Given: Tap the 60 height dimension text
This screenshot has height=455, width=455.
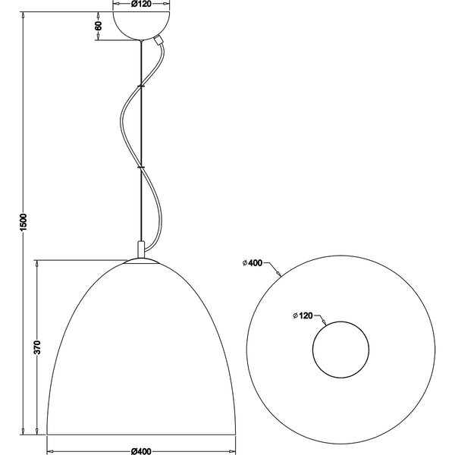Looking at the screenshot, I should [99, 26].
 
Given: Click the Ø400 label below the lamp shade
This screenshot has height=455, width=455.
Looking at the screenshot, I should [140, 450].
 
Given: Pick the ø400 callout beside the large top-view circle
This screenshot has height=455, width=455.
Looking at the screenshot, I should [253, 263].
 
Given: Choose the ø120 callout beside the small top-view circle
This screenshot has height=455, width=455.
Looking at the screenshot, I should [303, 314].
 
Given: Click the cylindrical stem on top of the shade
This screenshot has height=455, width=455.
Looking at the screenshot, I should [140, 249].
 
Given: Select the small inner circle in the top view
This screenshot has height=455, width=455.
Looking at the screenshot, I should [341, 350].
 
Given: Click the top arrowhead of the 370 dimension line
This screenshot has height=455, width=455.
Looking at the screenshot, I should [37, 262].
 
